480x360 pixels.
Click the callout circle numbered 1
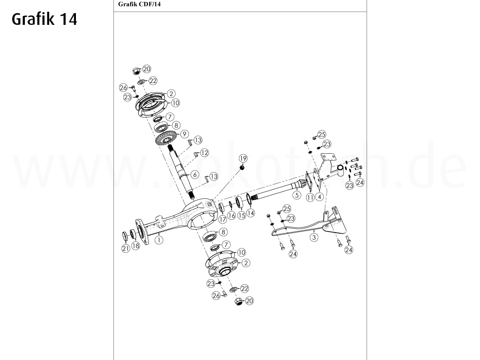(159, 240)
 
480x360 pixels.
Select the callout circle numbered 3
(314, 237)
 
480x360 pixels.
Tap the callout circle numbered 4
(319, 197)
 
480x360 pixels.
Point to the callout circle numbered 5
(296, 194)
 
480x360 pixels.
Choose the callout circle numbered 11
(310, 198)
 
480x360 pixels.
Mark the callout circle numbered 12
(204, 153)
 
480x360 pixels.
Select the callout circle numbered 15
(241, 215)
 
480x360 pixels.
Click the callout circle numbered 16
(232, 216)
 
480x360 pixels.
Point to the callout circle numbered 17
(222, 218)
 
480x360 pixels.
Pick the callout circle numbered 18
(136, 246)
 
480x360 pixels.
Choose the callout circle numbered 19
(243, 157)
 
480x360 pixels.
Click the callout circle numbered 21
(126, 248)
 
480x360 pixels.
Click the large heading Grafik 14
(44, 19)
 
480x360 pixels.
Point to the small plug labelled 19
(242, 168)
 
